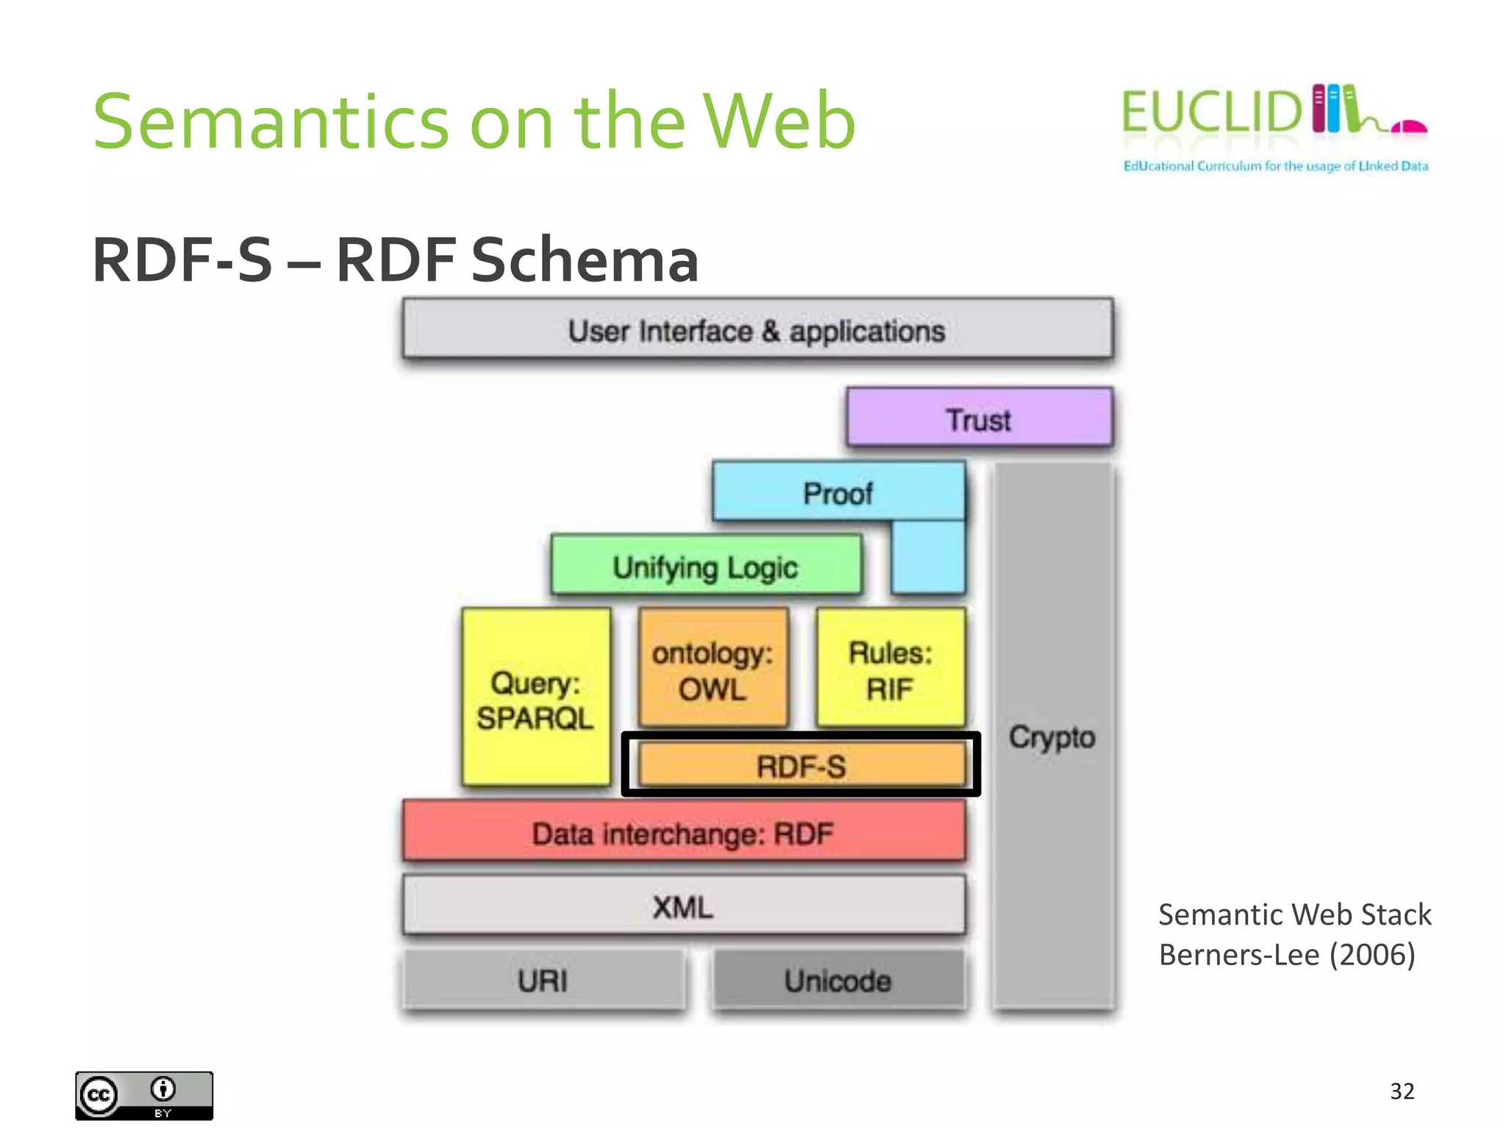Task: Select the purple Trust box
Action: pos(979,418)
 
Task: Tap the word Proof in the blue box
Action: pos(838,493)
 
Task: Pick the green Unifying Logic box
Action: pos(705,566)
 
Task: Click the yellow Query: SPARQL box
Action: pos(536,698)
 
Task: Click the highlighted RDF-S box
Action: pos(801,765)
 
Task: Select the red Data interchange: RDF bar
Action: pos(683,832)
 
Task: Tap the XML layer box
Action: pos(683,906)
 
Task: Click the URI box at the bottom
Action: pos(543,980)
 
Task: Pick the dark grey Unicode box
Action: pos(838,980)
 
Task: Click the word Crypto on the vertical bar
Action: pos(1052,736)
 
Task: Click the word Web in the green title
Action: pos(779,121)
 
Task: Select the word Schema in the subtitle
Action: pos(585,259)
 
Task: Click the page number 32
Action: pos(1402,1091)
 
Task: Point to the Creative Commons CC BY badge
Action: pos(144,1095)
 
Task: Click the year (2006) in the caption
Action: pos(1372,955)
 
